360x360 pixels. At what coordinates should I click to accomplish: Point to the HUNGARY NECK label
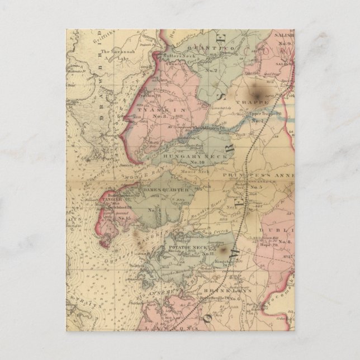[x=207, y=157]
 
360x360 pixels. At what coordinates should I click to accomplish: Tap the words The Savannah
[x=116, y=51]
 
